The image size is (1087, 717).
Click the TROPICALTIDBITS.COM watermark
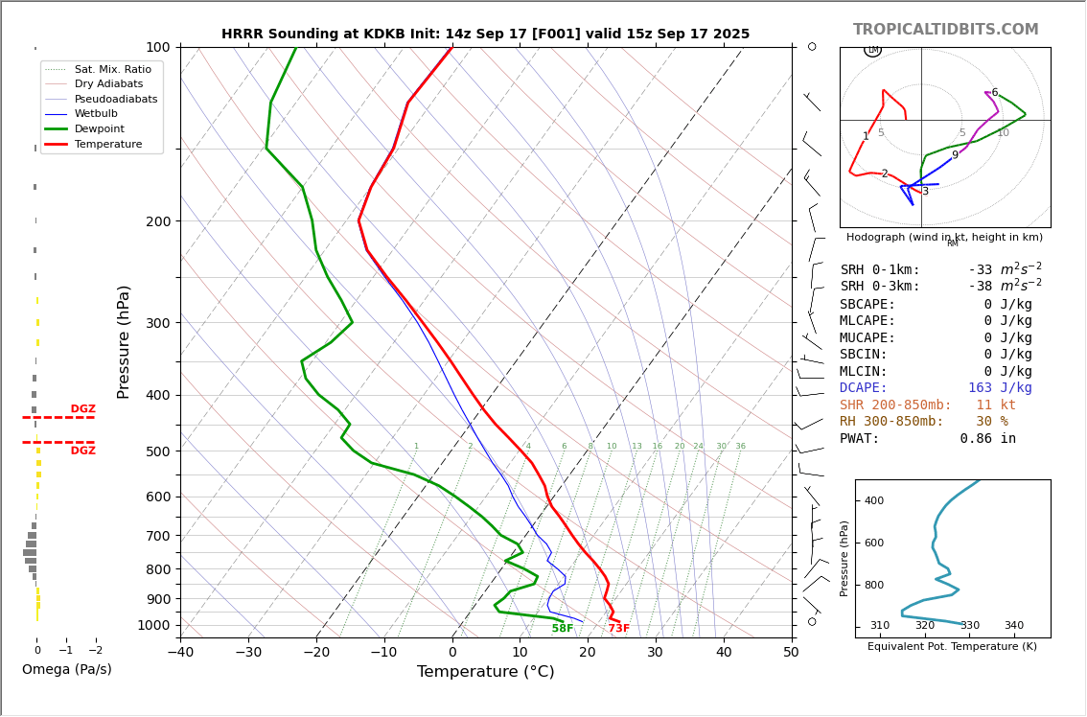click(945, 30)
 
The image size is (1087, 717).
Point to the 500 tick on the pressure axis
click(157, 451)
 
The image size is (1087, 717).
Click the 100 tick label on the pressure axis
click(157, 47)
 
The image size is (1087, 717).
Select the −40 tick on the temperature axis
click(180, 653)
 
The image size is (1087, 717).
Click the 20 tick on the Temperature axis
click(588, 653)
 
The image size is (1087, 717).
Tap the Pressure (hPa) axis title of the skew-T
click(124, 341)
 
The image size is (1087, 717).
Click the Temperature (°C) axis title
click(485, 672)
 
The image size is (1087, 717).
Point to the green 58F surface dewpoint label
click(563, 629)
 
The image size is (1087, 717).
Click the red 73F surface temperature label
click(619, 629)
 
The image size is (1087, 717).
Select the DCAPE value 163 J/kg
click(1000, 388)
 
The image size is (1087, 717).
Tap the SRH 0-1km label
click(880, 270)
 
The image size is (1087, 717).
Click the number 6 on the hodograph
click(994, 93)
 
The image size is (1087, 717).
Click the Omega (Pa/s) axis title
click(67, 669)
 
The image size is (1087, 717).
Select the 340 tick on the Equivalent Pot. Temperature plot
click(1013, 626)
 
